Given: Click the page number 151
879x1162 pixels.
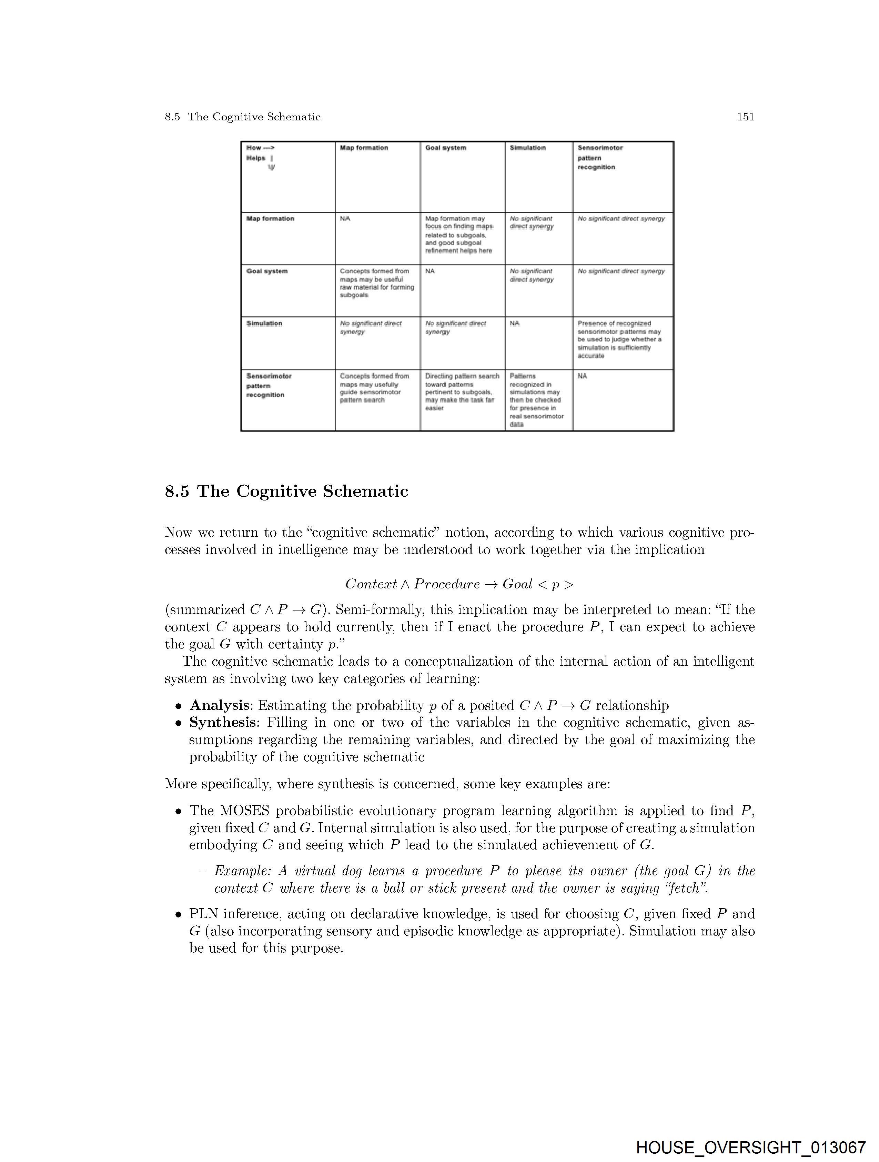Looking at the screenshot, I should point(745,117).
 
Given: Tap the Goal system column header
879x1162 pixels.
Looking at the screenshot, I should point(445,148).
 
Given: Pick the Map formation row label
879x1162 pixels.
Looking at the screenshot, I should point(270,219).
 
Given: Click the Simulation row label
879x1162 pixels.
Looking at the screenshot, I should point(264,324).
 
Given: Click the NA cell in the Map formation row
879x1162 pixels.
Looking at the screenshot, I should point(345,219).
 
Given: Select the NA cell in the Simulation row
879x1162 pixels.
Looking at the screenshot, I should point(515,324).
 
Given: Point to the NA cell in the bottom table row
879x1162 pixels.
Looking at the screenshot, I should point(582,376).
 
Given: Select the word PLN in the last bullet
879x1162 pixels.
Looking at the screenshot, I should point(203,914).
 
